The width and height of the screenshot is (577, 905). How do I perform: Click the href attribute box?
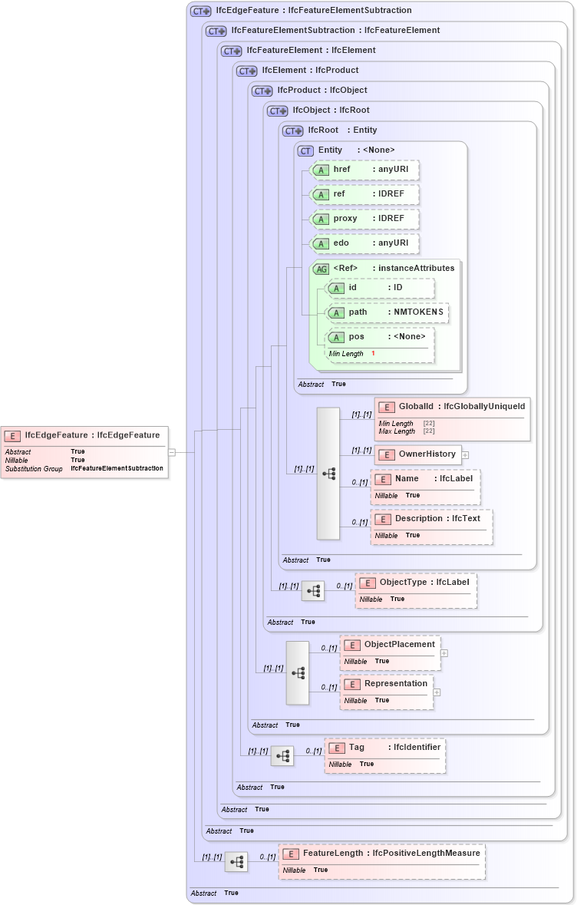[x=364, y=170]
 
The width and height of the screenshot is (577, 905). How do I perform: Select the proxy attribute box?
[x=364, y=219]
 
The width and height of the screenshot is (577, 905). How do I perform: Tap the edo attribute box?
[x=364, y=243]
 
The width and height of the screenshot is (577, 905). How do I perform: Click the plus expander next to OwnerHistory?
[x=465, y=454]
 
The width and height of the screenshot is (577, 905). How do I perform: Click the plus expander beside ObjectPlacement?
[x=444, y=653]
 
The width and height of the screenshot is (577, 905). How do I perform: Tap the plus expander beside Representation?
[x=437, y=692]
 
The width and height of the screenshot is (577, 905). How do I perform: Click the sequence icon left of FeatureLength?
[x=236, y=862]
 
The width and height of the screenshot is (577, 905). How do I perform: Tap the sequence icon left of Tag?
[x=282, y=756]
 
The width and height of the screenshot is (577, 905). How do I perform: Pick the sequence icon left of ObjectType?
[x=313, y=591]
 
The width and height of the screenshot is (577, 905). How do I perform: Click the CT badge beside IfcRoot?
[x=293, y=130]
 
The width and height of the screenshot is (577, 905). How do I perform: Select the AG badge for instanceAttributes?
[x=321, y=269]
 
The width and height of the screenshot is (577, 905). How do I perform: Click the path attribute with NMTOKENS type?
[x=387, y=312]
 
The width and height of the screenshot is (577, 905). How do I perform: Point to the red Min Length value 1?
[x=373, y=353]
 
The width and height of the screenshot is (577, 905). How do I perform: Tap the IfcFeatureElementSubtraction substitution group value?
[x=117, y=468]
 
